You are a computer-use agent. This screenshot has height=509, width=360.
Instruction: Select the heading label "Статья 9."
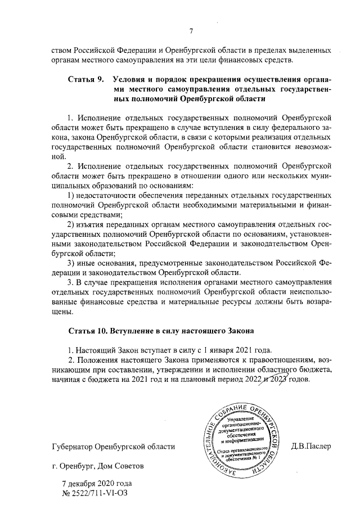(86, 79)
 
